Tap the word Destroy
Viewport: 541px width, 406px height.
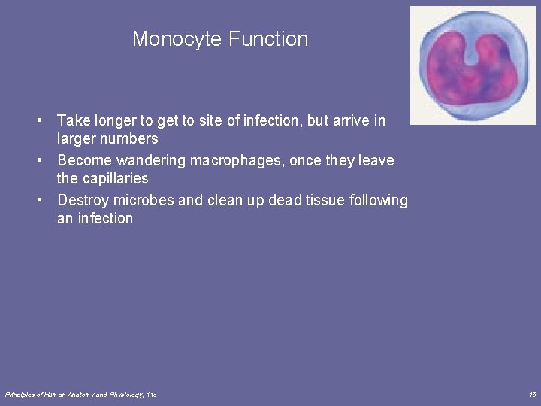[83, 200]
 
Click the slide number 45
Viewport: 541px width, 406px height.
[532, 395]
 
